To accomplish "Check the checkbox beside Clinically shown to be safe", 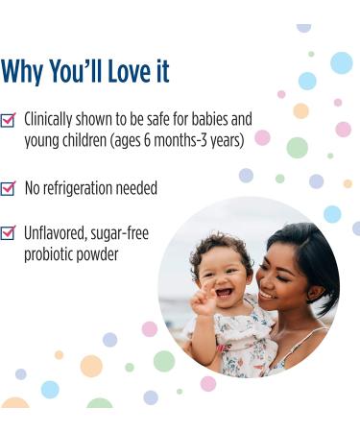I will pos(9,120).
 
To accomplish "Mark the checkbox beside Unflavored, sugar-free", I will pos(9,232).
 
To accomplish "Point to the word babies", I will pos(204,120).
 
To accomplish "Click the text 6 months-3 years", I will pos(186,141).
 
